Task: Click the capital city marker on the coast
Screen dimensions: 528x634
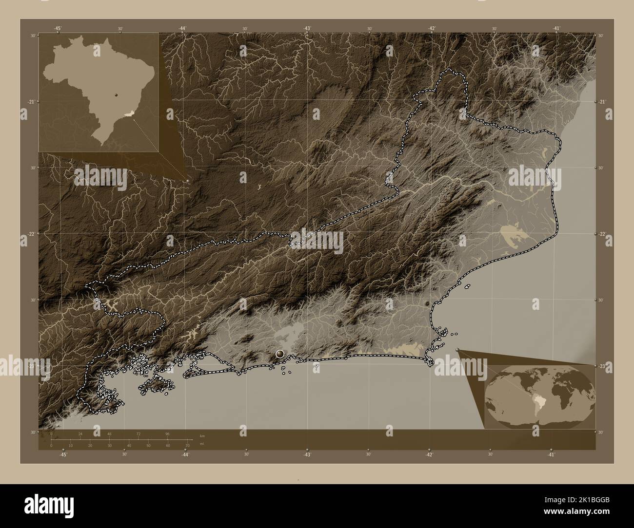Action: (279, 354)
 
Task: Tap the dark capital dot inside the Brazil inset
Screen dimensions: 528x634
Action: (117, 95)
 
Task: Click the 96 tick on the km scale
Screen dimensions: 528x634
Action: (167, 433)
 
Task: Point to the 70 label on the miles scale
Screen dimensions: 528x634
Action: (187, 446)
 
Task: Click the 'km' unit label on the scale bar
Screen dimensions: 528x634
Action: (202, 435)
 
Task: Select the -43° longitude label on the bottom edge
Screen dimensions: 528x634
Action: (307, 454)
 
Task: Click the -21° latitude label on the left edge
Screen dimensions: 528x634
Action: (32, 102)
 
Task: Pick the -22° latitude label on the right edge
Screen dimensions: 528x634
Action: (602, 234)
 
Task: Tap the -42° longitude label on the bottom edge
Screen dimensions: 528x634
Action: (429, 454)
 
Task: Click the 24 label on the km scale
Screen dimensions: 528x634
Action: (80, 433)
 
